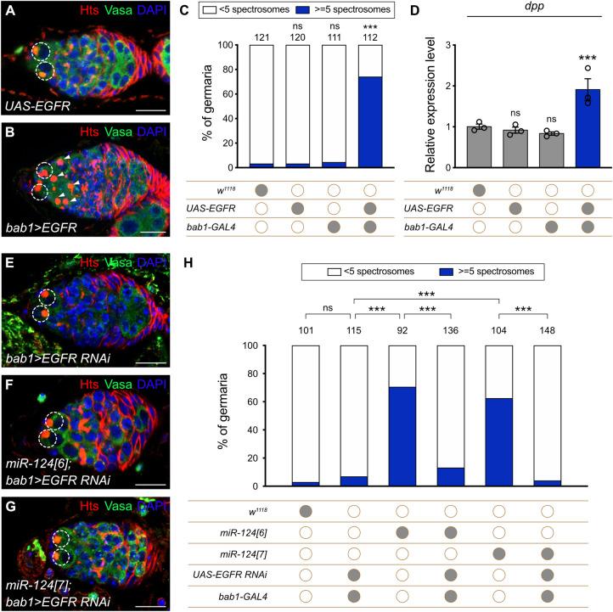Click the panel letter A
click(9, 10)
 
